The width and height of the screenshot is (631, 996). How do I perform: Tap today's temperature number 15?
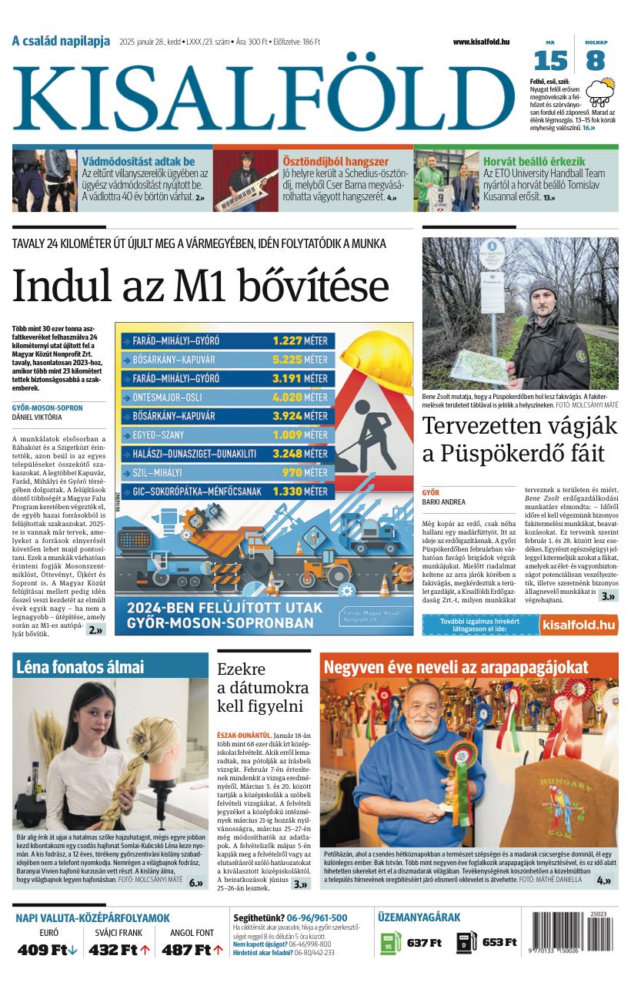point(550,60)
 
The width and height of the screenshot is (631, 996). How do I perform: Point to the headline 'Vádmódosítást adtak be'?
point(139,162)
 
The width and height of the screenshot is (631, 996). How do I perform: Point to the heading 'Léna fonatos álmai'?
point(80,667)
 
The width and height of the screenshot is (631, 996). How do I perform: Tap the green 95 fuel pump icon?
point(391,943)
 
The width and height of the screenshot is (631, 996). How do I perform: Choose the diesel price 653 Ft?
point(499,943)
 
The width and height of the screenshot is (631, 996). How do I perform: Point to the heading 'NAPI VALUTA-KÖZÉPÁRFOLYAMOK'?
point(92,917)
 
